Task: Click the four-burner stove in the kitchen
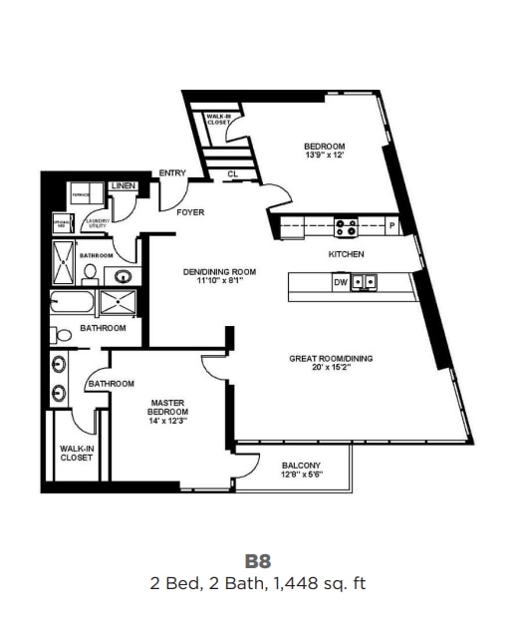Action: pos(346,227)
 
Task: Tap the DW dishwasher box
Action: pos(341,282)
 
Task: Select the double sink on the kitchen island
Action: pos(365,282)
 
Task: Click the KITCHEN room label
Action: pos(347,255)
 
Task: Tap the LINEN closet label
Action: pos(124,186)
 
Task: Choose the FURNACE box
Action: pos(82,192)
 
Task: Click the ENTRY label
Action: pos(172,173)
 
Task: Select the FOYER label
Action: pos(190,212)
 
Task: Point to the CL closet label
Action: pos(232,173)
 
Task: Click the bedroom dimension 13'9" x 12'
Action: pos(324,156)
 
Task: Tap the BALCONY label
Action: pos(300,466)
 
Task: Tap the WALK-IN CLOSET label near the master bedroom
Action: pos(75,454)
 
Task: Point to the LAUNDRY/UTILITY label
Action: pos(97,223)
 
